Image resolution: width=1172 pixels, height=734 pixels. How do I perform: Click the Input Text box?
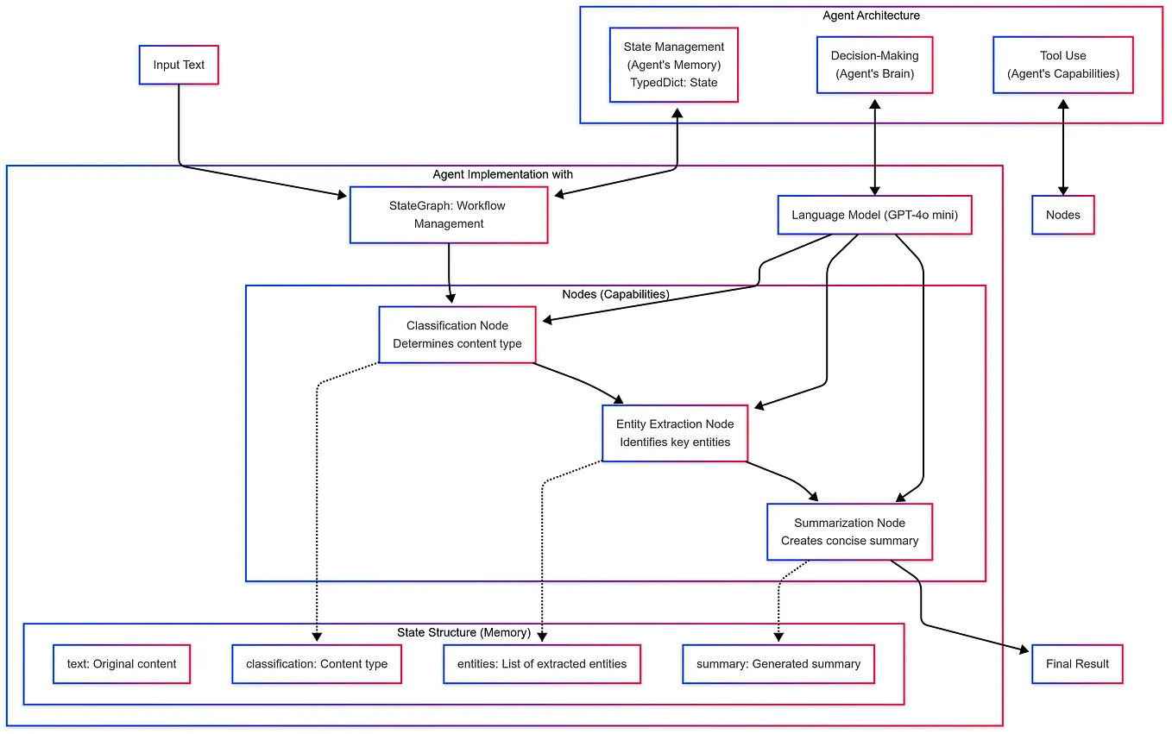point(179,65)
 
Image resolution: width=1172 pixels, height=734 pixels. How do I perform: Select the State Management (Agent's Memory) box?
point(673,65)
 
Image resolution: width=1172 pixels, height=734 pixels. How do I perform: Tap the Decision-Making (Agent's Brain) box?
point(874,65)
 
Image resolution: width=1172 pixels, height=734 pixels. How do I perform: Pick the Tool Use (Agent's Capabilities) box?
point(1062,65)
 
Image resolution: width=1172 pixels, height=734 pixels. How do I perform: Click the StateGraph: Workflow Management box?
point(448,215)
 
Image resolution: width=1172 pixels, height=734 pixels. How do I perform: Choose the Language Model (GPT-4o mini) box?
point(874,215)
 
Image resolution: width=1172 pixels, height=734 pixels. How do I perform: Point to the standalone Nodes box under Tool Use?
point(1062,215)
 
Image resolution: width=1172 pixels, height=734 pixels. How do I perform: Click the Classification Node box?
point(457,335)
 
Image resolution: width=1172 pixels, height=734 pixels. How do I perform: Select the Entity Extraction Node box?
point(674,433)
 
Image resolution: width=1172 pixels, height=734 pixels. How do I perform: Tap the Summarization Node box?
point(849,532)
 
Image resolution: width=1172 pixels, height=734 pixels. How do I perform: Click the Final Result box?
point(1077,664)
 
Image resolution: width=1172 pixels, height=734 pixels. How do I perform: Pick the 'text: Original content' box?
point(122,664)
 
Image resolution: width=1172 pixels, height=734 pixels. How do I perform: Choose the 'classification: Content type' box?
point(317,664)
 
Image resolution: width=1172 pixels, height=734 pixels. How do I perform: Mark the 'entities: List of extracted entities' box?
point(542,664)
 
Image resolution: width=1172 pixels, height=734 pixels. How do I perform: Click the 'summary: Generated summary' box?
point(778,664)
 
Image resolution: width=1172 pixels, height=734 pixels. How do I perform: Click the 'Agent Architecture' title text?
point(871,16)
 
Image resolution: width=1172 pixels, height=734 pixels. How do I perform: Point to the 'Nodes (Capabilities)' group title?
point(615,294)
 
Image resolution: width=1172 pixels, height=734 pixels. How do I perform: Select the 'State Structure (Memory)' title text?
point(463,632)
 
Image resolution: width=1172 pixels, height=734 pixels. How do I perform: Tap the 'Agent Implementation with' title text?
point(502,174)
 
